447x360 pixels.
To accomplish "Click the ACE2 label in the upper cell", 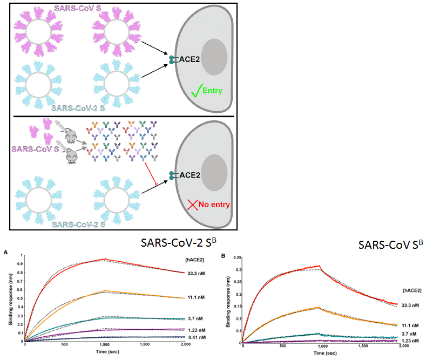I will [190, 59].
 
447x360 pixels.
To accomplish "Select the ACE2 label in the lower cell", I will [190, 175].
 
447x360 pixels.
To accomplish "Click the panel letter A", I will [6, 252].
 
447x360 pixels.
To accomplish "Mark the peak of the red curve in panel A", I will [106, 259].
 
